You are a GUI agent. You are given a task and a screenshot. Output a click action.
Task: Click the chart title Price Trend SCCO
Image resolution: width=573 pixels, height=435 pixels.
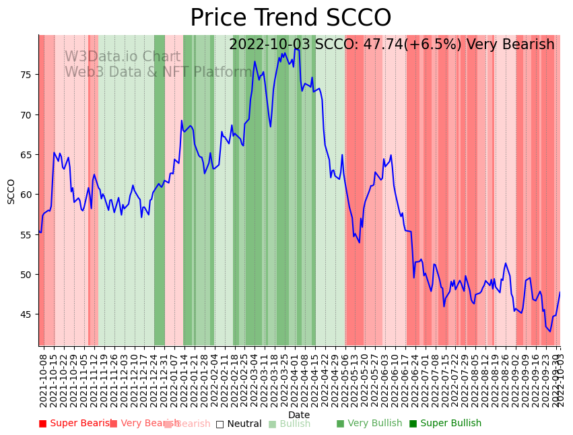click(x=290, y=18)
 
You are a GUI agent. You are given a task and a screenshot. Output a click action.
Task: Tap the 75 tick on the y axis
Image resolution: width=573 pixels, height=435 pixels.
click(x=26, y=74)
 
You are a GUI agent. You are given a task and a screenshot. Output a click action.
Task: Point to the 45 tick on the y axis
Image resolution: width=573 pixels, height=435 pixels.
click(x=26, y=314)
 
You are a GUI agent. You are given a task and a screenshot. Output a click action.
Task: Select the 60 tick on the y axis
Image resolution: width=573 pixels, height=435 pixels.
click(x=26, y=195)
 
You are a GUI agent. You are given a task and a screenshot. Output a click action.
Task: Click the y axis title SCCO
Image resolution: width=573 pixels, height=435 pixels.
click(x=11, y=191)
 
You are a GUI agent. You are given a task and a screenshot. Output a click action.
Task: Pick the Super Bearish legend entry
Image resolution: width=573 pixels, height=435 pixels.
click(x=76, y=424)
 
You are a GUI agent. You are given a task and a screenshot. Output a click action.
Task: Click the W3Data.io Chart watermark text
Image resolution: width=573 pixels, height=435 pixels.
click(x=123, y=57)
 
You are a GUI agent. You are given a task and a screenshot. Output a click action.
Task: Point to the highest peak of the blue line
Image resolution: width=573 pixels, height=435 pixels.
click(x=295, y=48)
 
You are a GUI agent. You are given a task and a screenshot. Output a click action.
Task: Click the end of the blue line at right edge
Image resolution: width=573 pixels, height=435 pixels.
click(x=560, y=292)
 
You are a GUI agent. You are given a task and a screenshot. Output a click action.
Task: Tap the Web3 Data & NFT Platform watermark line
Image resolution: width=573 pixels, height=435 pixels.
click(x=158, y=72)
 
